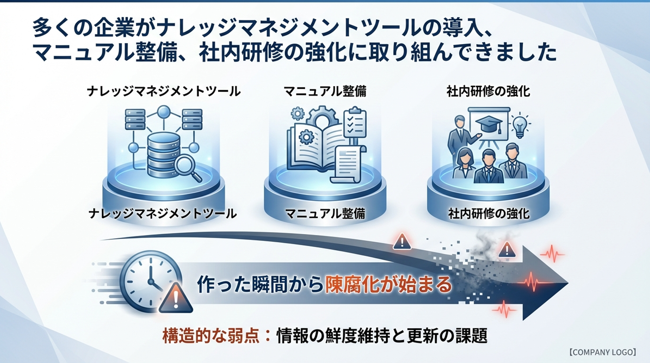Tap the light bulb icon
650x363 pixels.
(520, 125)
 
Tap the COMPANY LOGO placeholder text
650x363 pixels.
(602, 352)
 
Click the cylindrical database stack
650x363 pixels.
(164, 154)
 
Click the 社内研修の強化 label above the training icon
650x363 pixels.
(488, 91)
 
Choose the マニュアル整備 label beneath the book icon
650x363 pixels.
(325, 214)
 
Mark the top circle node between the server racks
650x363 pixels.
(164, 111)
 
